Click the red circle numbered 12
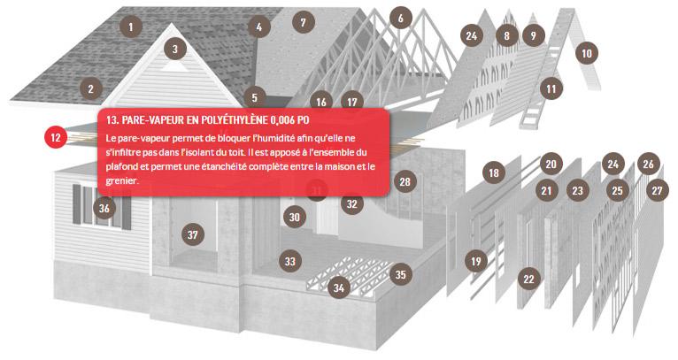point(56,137)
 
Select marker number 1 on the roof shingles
point(131,27)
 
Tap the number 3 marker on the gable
point(175,49)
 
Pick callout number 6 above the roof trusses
point(401,19)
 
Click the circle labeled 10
point(587,53)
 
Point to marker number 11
point(551,88)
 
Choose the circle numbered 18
point(494,172)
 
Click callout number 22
point(528,279)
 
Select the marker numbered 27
point(658,190)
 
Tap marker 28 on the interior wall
point(405,181)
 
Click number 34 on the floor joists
point(339,287)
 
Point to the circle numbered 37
point(193,234)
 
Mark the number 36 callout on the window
point(104,209)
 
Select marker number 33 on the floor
point(290,261)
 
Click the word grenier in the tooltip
point(121,181)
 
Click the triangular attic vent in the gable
point(175,66)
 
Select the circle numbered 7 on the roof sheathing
point(303,22)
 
